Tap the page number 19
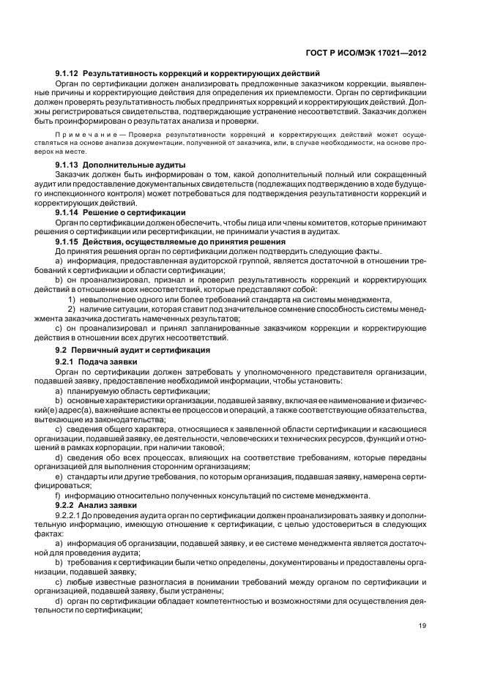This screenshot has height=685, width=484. [423, 624]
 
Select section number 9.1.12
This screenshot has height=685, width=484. [67, 74]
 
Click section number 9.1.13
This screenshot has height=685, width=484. [67, 165]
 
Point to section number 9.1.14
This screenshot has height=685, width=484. [67, 212]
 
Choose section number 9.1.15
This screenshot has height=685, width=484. [67, 241]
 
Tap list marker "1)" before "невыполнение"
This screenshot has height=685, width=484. [72, 299]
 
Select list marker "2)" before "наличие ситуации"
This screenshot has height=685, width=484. [72, 310]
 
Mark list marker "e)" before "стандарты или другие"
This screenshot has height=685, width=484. [59, 476]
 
